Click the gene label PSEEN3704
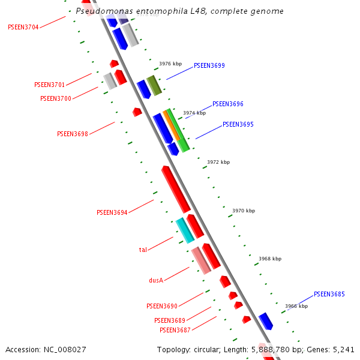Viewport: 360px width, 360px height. tap(23, 27)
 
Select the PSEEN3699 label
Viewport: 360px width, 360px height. tap(209, 65)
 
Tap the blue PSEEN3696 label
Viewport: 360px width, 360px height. tap(228, 104)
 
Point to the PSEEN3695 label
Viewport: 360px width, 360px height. tap(238, 125)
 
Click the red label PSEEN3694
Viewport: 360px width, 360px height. tap(112, 212)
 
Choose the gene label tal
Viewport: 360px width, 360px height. tap(143, 250)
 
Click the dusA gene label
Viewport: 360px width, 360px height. tap(156, 280)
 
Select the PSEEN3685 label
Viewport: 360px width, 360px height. tap(329, 294)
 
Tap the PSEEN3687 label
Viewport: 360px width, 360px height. tap(175, 330)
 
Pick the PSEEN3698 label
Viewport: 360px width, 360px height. tap(73, 134)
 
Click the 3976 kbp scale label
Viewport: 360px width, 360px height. tap(170, 64)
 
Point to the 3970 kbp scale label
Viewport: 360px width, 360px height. tap(244, 211)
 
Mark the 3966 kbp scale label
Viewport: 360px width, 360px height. tap(296, 306)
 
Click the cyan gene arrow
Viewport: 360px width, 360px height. tap(185, 230)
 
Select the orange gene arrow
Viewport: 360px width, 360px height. tap(172, 125)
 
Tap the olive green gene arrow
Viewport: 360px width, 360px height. tap(154, 85)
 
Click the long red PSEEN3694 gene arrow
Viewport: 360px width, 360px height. tap(176, 188)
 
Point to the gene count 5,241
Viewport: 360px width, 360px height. tap(341, 349)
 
